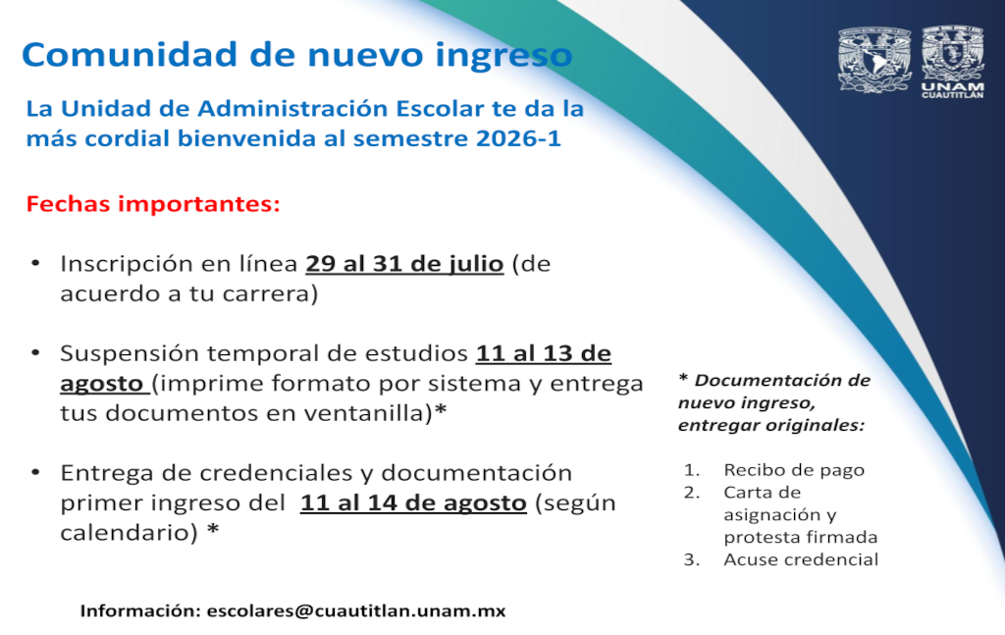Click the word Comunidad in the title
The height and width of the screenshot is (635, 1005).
131,54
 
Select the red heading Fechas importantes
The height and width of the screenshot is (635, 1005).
153,204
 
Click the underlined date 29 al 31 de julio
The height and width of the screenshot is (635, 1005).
404,264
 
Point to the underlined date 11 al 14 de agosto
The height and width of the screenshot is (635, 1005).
413,503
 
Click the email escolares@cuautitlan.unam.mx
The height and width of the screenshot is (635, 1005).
355,610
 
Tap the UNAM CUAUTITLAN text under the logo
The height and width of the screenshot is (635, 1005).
952,90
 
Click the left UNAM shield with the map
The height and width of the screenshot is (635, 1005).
874,60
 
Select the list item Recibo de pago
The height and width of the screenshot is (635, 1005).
794,470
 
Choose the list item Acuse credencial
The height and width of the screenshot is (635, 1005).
801,559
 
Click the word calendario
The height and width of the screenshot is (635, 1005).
126,533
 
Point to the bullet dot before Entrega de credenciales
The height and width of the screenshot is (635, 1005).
36,473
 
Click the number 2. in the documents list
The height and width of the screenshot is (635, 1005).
692,493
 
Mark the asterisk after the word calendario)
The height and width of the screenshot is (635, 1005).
213,530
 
